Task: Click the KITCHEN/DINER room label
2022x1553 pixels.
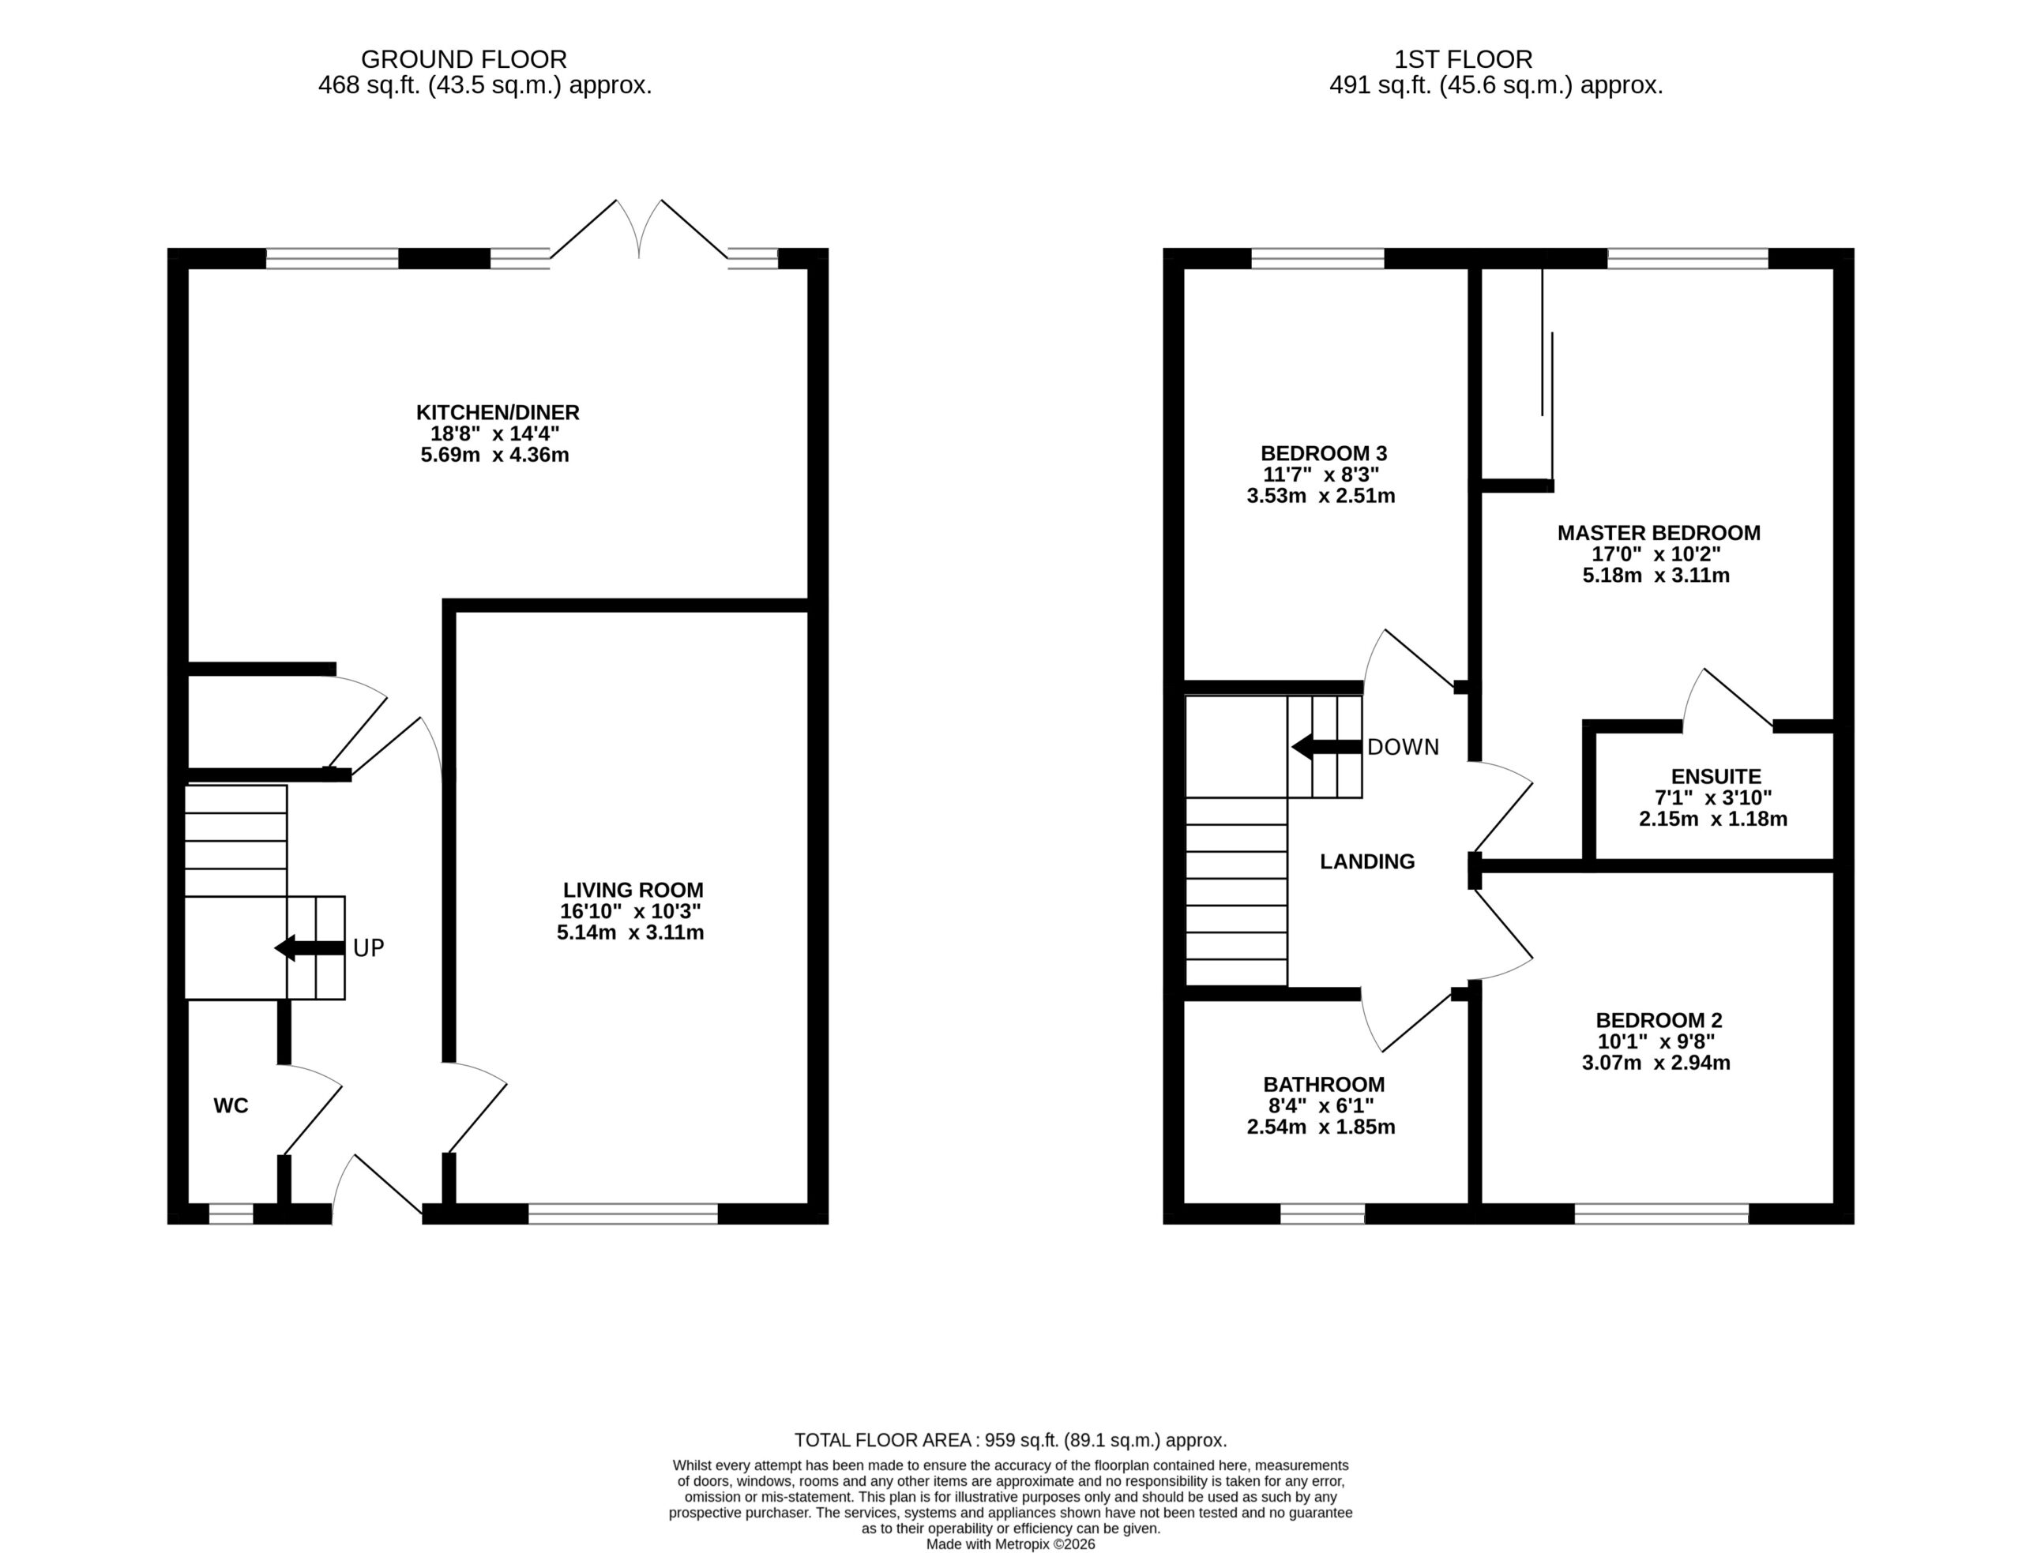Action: pyautogui.click(x=498, y=412)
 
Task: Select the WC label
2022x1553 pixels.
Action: pyautogui.click(x=231, y=1105)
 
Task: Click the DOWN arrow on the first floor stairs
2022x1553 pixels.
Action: pyautogui.click(x=1327, y=746)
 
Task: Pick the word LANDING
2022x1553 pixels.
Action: pyautogui.click(x=1367, y=861)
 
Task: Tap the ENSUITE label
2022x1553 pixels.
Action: pyautogui.click(x=1716, y=777)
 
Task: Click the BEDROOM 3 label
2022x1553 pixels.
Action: pyautogui.click(x=1324, y=453)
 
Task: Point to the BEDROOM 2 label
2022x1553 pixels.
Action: pyautogui.click(x=1659, y=1021)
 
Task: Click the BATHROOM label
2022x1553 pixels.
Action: pyautogui.click(x=1324, y=1084)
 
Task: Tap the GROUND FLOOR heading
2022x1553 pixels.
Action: pyautogui.click(x=464, y=59)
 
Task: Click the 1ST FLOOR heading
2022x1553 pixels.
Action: pyautogui.click(x=1464, y=59)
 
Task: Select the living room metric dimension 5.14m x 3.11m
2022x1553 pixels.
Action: pyautogui.click(x=630, y=932)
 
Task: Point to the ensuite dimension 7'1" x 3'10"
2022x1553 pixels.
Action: pyautogui.click(x=1713, y=797)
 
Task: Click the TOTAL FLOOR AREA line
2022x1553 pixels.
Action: pyautogui.click(x=1010, y=1440)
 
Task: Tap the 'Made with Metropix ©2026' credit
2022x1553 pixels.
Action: pyautogui.click(x=1010, y=1544)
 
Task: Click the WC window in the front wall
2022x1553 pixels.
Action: pyautogui.click(x=231, y=1214)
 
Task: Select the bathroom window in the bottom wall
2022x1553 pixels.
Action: pyautogui.click(x=1322, y=1214)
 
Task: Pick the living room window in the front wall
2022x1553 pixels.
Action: pyautogui.click(x=623, y=1214)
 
